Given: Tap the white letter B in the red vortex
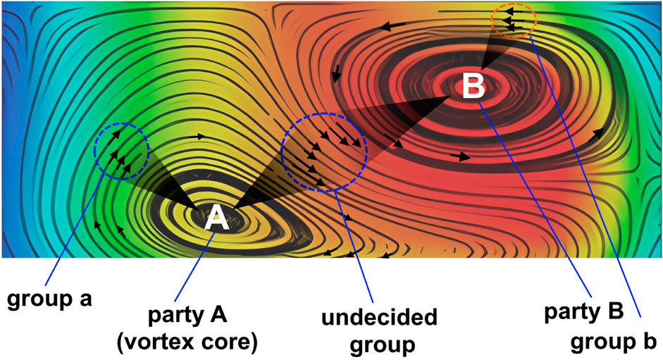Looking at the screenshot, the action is (473, 87).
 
